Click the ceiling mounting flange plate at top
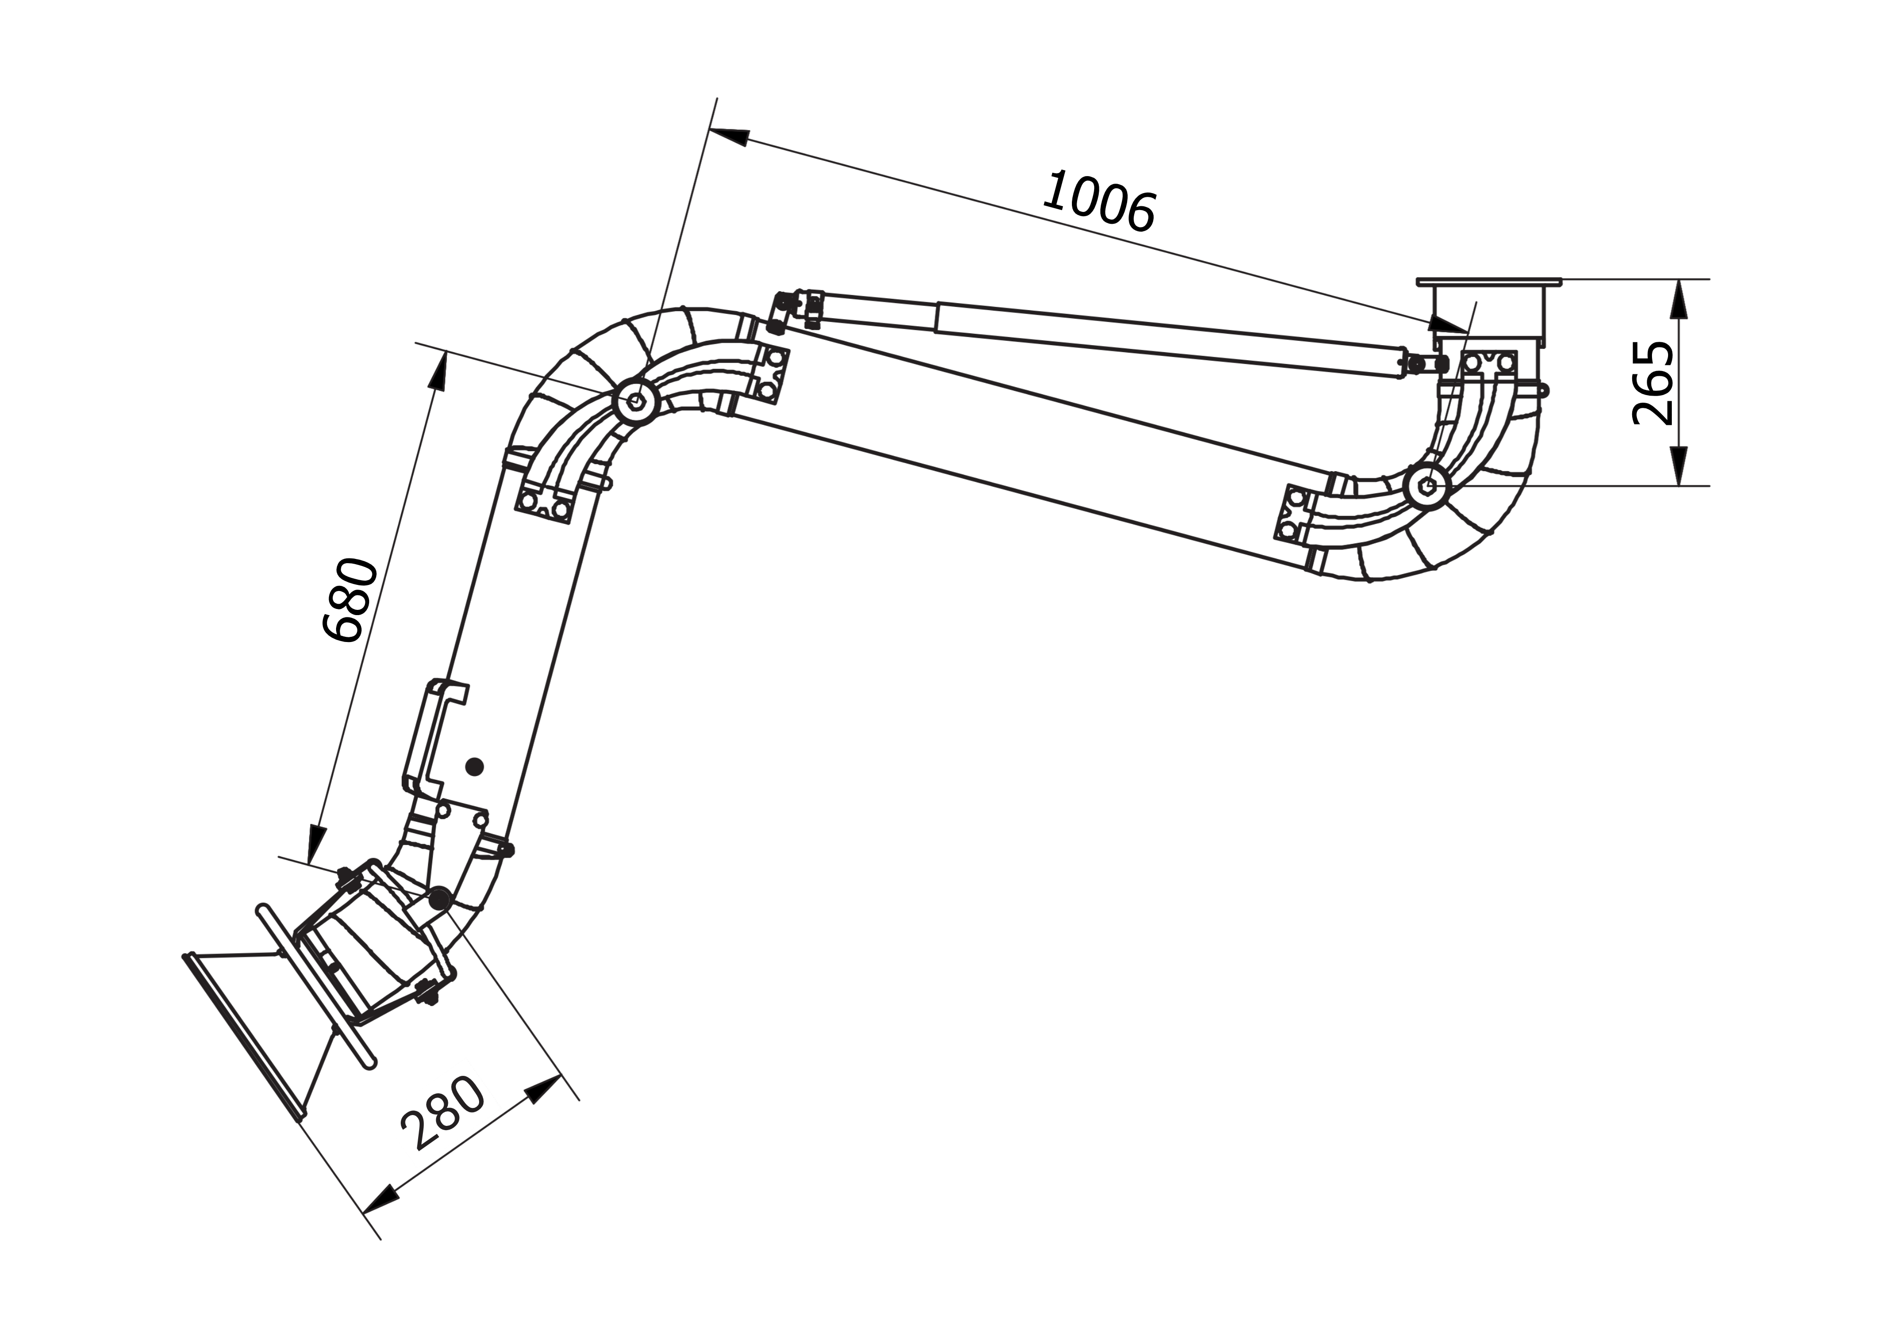1488,282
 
